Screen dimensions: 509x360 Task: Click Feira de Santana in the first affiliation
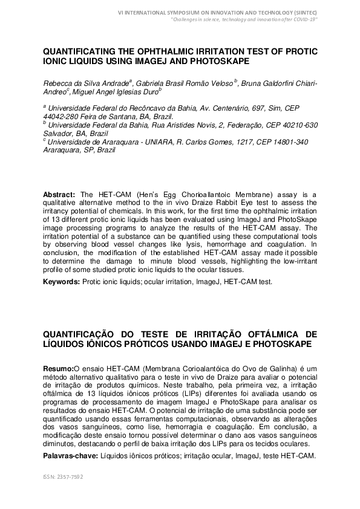99,117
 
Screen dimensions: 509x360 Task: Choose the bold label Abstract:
59,194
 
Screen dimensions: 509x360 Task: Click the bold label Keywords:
62,282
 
